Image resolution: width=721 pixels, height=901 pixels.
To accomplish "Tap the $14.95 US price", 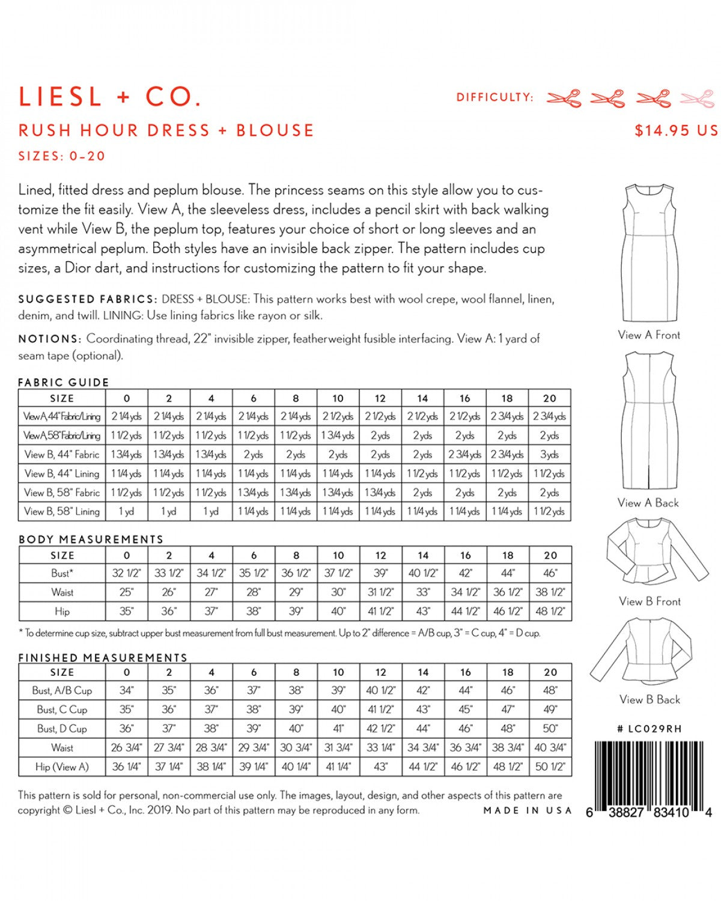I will click(675, 130).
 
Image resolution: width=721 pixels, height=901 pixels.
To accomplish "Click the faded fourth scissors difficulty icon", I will click(697, 98).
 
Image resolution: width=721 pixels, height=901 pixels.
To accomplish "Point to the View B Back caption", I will click(650, 699).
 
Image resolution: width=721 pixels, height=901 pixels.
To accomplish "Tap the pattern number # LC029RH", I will click(650, 729).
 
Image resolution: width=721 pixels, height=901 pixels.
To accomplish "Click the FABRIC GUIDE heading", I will click(64, 382).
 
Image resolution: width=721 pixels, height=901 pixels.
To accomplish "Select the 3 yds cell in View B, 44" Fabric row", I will click(549, 455).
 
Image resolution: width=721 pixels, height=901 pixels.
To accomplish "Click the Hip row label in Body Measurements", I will click(62, 611).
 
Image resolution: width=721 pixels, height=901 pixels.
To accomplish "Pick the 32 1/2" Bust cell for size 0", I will click(126, 573).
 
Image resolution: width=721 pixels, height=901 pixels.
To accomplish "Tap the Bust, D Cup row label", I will click(62, 729).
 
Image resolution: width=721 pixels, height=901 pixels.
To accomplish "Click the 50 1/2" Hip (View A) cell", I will click(550, 766).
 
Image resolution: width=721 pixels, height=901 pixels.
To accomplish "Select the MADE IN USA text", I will click(528, 810).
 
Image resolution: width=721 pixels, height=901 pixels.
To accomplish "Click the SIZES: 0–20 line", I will click(62, 156).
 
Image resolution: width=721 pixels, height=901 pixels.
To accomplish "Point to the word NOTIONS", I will click(49, 339).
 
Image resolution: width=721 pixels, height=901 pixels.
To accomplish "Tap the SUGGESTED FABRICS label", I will click(88, 299).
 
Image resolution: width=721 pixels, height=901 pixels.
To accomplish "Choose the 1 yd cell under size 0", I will click(126, 512).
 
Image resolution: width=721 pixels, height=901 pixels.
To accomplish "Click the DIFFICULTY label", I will click(494, 97).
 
